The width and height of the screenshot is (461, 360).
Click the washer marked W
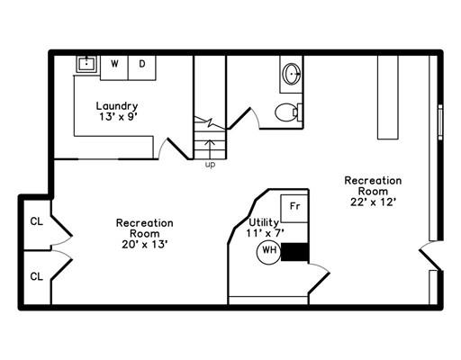tap(114, 67)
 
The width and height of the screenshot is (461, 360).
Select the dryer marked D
tap(142, 67)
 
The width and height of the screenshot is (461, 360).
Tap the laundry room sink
tap(86, 64)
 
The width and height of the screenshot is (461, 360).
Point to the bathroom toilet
tap(288, 112)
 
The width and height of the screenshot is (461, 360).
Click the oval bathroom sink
tap(292, 74)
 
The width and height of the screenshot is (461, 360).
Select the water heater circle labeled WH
tap(269, 252)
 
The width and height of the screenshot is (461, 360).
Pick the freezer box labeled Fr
tap(294, 209)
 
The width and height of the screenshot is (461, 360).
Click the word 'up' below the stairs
tap(210, 165)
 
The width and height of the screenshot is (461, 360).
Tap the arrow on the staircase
tap(210, 150)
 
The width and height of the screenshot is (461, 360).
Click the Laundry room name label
tap(117, 106)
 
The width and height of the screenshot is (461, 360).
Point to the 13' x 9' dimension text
tap(118, 116)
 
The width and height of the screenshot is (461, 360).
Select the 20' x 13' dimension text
tap(144, 245)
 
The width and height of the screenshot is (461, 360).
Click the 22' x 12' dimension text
tap(373, 202)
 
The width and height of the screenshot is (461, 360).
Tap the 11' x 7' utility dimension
tap(265, 233)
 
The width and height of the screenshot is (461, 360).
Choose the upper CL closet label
tap(37, 221)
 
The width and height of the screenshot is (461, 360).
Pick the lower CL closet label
tap(37, 276)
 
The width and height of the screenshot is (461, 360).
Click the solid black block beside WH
tap(294, 252)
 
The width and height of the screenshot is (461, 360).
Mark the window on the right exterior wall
tap(440, 122)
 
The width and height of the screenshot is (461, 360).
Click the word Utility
tap(264, 222)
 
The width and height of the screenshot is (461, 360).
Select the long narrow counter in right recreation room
tap(388, 97)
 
